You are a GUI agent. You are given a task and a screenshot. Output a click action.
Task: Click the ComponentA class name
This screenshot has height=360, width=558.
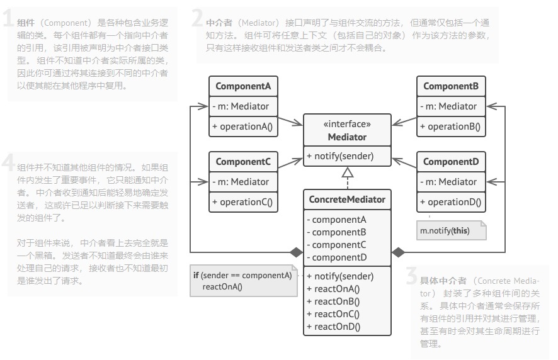pyautogui.click(x=243, y=86)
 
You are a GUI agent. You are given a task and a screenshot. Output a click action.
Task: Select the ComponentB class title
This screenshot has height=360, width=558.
pyautogui.click(x=451, y=86)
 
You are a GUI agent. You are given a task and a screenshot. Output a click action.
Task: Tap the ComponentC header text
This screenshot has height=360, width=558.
pyautogui.click(x=243, y=162)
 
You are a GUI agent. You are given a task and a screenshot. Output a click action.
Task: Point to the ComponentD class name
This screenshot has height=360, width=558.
pyautogui.click(x=451, y=162)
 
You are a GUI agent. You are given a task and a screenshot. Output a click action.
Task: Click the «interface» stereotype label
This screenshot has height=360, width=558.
pyautogui.click(x=347, y=125)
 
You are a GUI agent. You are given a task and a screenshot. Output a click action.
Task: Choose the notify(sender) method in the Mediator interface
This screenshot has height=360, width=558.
pyautogui.click(x=341, y=156)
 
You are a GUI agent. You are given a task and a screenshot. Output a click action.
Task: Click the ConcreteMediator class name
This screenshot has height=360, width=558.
pyautogui.click(x=347, y=200)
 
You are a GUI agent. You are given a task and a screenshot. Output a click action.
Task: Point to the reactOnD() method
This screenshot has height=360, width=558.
pyautogui.click(x=337, y=326)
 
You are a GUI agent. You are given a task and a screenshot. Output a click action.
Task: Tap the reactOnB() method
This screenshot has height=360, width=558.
pyautogui.click(x=337, y=301)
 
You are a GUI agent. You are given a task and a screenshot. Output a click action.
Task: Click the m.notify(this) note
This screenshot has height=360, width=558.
pyautogui.click(x=445, y=230)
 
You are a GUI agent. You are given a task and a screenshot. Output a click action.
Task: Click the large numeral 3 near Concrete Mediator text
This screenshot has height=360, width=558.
pyautogui.click(x=412, y=278)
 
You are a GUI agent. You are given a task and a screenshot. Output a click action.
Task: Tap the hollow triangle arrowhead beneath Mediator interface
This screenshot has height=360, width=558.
pyautogui.click(x=348, y=172)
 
